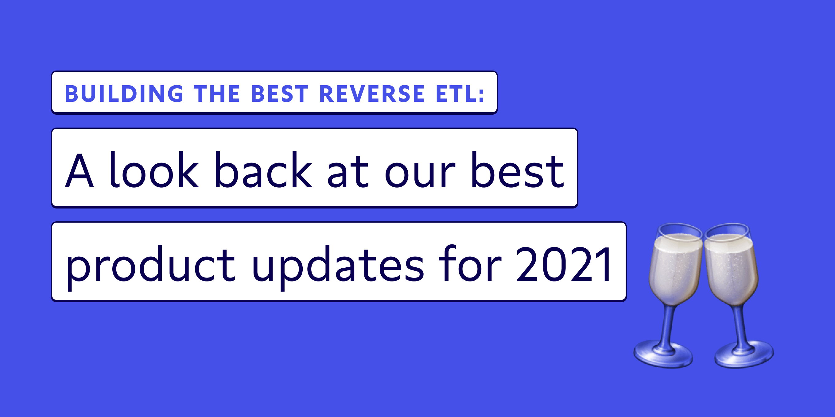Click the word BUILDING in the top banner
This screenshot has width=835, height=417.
click(124, 94)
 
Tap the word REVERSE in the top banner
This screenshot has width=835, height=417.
click(372, 94)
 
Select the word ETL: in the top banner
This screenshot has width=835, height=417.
click(460, 94)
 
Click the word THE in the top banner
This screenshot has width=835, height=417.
click(217, 94)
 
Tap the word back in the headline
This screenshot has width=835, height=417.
click(263, 169)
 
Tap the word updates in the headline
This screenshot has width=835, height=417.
click(338, 267)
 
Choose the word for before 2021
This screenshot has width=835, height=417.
click(470, 262)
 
